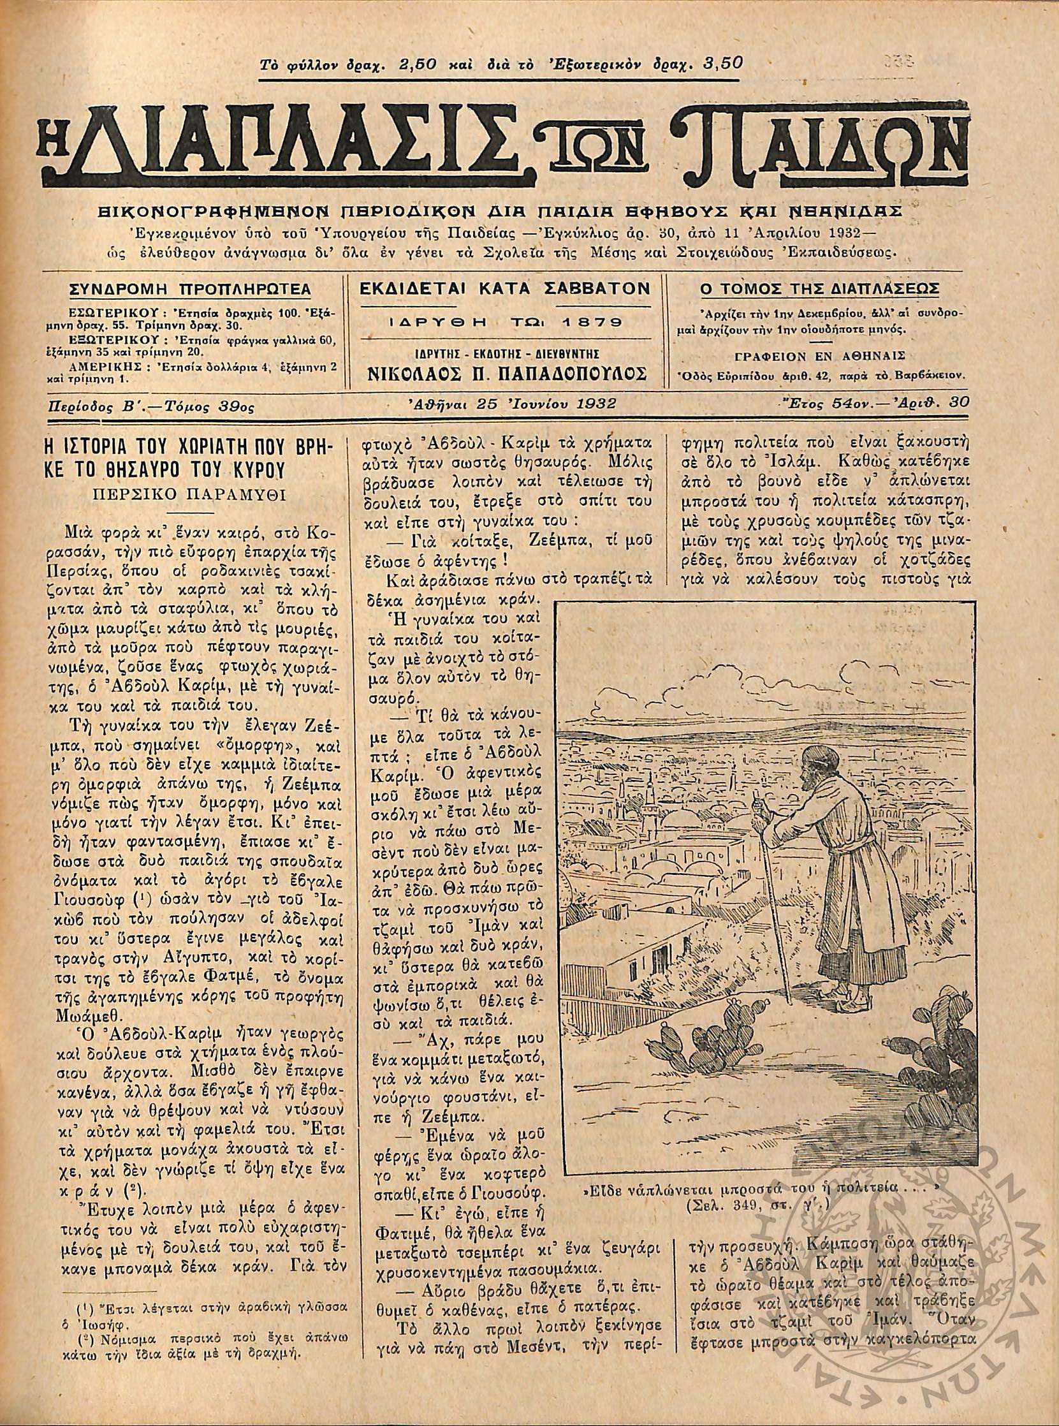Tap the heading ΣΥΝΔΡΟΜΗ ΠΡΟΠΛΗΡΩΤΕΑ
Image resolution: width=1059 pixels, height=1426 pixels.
click(x=190, y=289)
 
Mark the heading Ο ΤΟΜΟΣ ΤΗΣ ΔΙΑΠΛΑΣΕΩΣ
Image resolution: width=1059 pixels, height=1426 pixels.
click(x=821, y=289)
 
